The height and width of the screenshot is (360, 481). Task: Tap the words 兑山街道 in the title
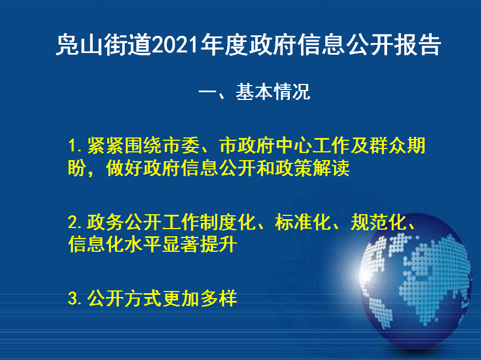(x=104, y=45)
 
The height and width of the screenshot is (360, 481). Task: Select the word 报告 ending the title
(x=417, y=45)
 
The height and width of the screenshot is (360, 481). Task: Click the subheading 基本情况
(x=273, y=92)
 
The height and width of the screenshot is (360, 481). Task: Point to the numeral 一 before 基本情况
(x=208, y=92)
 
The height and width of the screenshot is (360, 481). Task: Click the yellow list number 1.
(x=72, y=145)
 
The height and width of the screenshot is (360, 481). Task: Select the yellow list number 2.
(x=73, y=222)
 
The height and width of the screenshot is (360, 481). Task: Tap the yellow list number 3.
(x=73, y=298)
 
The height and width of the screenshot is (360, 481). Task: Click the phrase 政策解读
(x=312, y=168)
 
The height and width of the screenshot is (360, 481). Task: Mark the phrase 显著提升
(x=200, y=245)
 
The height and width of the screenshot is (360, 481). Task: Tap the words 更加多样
(x=200, y=298)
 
